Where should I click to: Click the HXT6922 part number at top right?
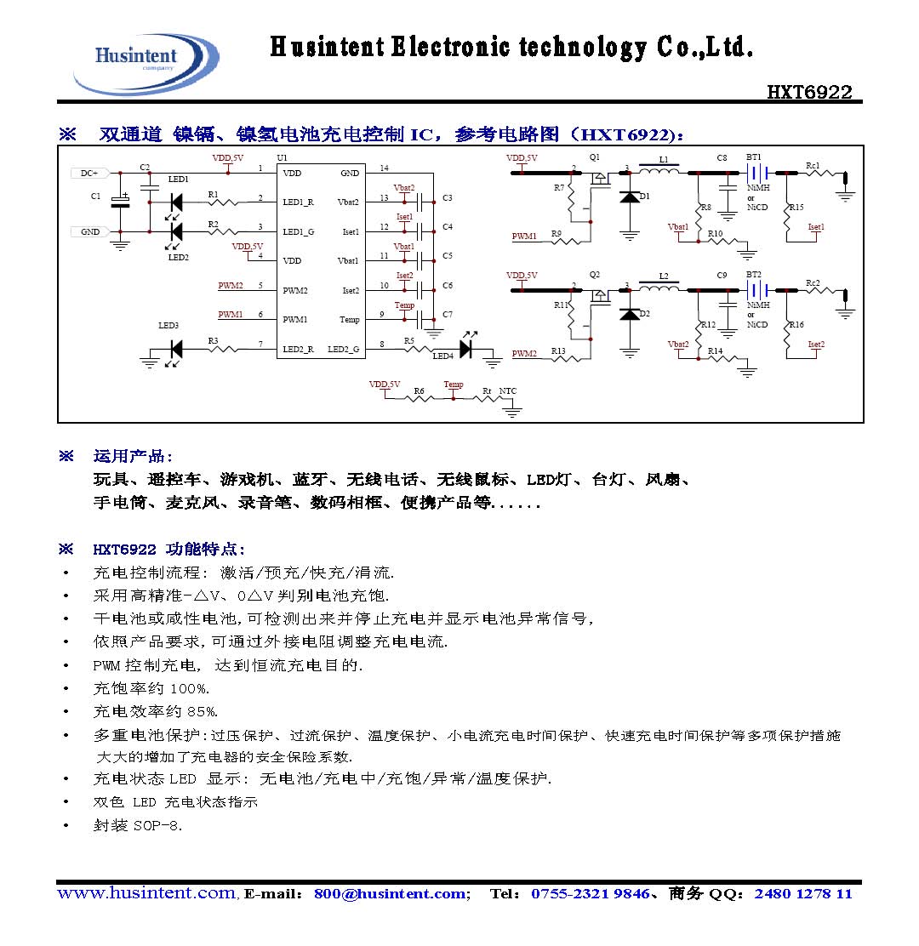809,92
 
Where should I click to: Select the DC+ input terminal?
88,173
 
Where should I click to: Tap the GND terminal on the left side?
89,231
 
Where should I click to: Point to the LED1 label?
179,180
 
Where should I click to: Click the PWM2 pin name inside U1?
294,290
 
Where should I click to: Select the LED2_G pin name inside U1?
343,349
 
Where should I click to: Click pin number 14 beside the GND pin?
384,168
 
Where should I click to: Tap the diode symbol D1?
630,197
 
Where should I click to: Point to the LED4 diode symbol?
465,348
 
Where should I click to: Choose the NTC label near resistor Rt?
507,391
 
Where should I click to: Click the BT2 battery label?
753,275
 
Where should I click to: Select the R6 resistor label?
419,391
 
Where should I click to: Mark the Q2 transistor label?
595,275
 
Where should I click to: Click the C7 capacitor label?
448,315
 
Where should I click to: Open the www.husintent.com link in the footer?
146,893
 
